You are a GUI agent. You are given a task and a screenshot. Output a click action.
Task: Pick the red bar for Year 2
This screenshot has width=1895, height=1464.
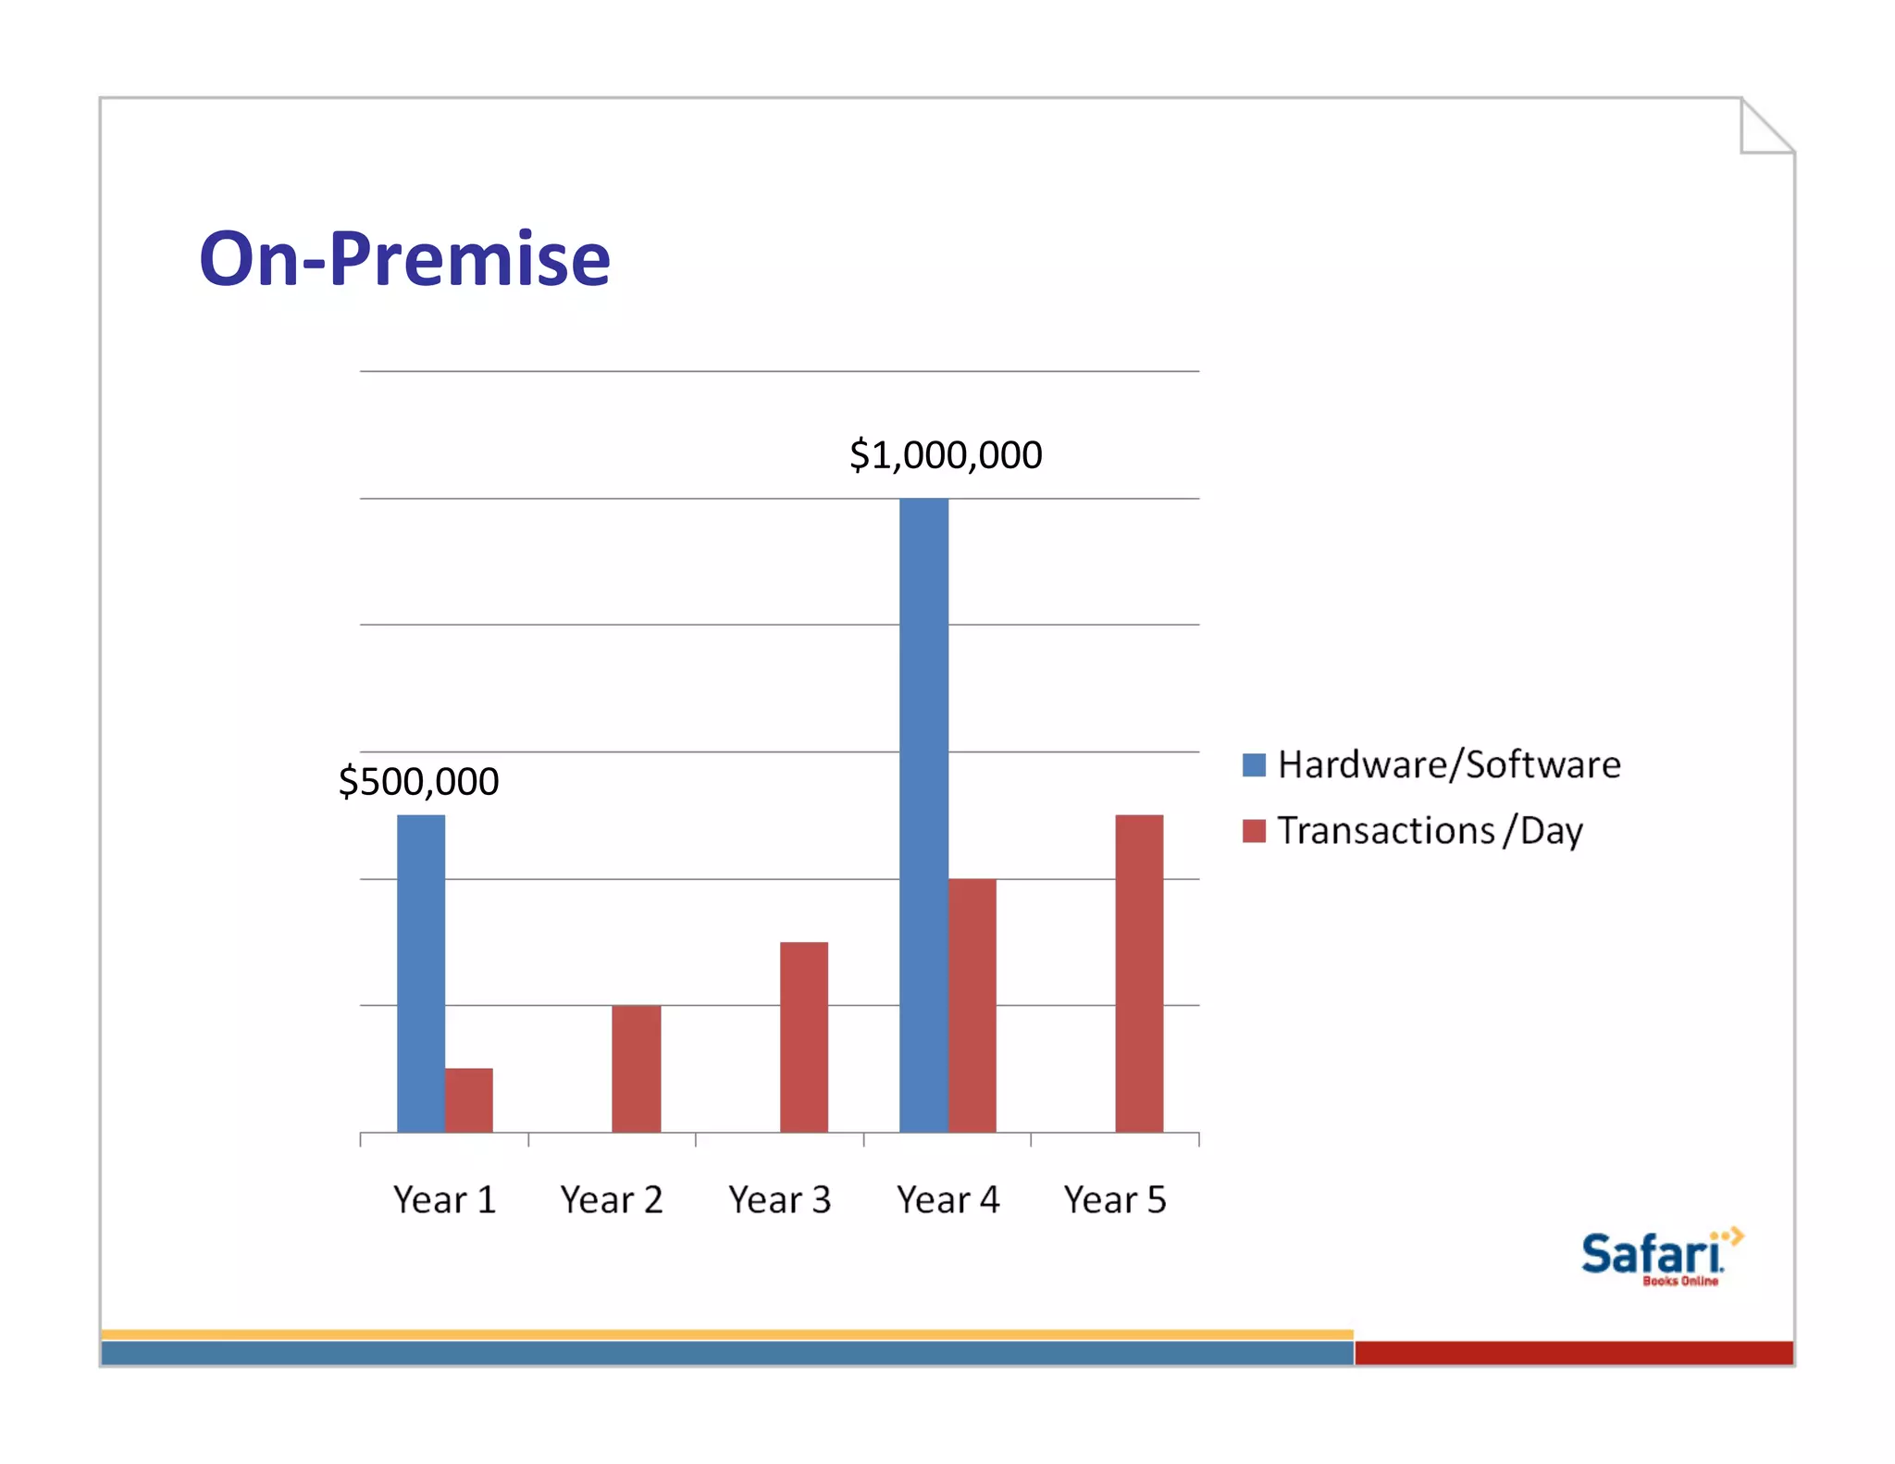click(637, 1068)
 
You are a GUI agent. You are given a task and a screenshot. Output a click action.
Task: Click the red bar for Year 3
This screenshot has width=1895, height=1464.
click(804, 1036)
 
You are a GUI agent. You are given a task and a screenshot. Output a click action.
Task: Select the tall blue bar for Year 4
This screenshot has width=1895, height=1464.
click(923, 814)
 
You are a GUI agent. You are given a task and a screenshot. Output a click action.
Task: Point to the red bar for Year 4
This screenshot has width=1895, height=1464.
click(972, 1005)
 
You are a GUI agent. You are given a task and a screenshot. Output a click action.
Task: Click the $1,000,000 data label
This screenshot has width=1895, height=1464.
click(946, 455)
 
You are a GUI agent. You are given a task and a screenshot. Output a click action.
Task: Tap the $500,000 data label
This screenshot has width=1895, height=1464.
click(418, 782)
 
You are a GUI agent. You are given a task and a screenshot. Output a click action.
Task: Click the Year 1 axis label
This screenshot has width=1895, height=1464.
click(444, 1200)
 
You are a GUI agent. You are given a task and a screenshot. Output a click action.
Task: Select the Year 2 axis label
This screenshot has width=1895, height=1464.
click(612, 1200)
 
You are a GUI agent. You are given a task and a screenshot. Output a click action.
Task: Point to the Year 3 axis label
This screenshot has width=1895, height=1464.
click(779, 1200)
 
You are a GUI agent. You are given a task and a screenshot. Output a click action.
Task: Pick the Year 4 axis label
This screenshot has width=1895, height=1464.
click(947, 1200)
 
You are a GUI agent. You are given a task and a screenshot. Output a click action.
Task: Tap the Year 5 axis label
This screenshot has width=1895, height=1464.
click(1115, 1200)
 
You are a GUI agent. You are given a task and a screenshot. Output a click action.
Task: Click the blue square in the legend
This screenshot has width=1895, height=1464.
click(1254, 765)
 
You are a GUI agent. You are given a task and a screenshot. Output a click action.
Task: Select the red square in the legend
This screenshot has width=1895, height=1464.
click(1254, 831)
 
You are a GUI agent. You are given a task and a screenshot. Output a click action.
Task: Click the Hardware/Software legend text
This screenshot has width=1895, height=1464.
click(1449, 765)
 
